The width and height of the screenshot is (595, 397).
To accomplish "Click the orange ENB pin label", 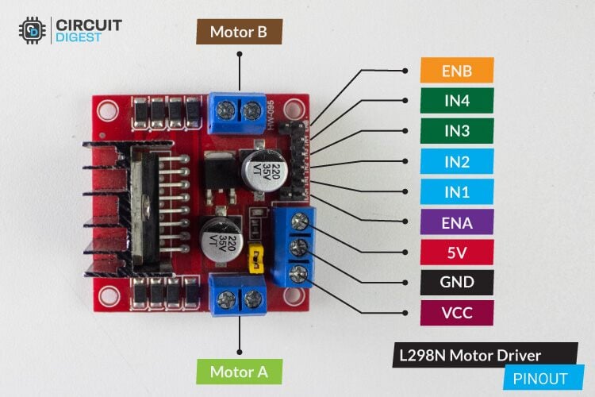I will (x=457, y=71).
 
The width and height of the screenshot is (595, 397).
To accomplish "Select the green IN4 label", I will (x=457, y=101).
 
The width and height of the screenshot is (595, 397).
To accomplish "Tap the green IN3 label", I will (x=457, y=131).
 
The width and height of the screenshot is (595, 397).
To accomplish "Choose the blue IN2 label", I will (x=457, y=161).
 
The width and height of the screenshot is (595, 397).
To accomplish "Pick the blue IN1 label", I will (x=457, y=191).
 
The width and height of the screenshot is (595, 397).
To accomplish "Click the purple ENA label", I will (x=457, y=222).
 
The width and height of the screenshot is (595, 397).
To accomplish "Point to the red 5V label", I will (x=457, y=252).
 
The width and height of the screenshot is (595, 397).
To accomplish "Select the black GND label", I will (x=457, y=281).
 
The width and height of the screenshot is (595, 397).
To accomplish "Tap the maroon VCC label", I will (x=457, y=311).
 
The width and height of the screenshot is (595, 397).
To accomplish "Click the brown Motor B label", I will (x=239, y=32).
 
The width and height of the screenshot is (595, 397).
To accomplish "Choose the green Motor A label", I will (x=239, y=371).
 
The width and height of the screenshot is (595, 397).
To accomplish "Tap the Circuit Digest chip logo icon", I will (x=33, y=29).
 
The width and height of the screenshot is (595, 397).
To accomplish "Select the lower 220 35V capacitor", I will (x=216, y=237).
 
